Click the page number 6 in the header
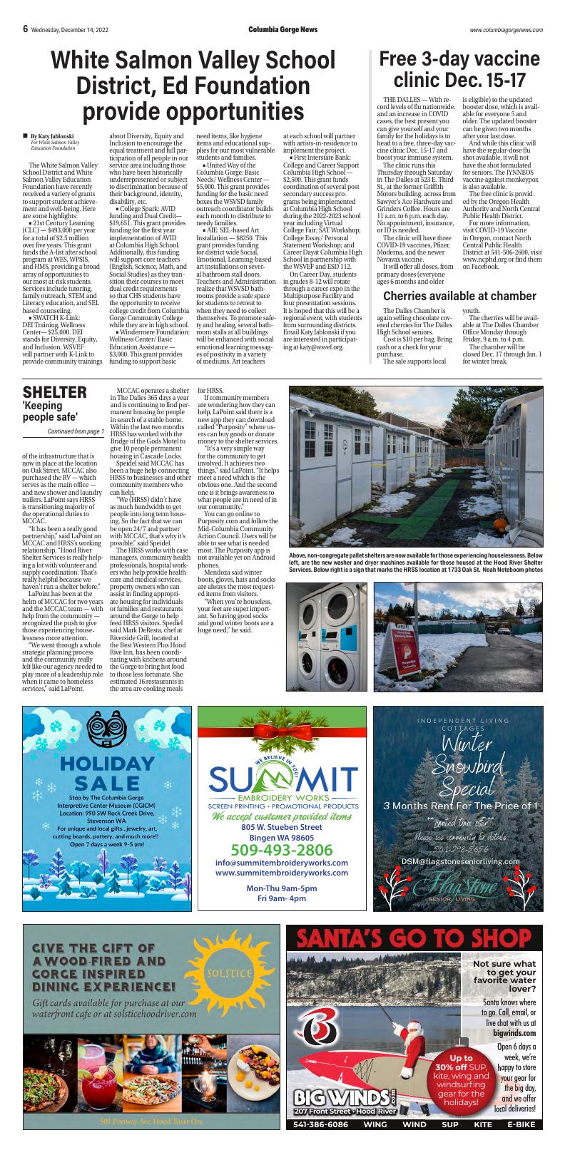[25, 29]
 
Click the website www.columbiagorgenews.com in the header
[506, 30]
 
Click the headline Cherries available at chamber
[459, 296]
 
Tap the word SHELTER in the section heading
[55, 392]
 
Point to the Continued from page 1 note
[76, 431]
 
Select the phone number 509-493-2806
[281, 850]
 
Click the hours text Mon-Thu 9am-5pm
[281, 888]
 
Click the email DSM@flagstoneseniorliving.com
[460, 861]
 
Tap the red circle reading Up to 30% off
[462, 1079]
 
